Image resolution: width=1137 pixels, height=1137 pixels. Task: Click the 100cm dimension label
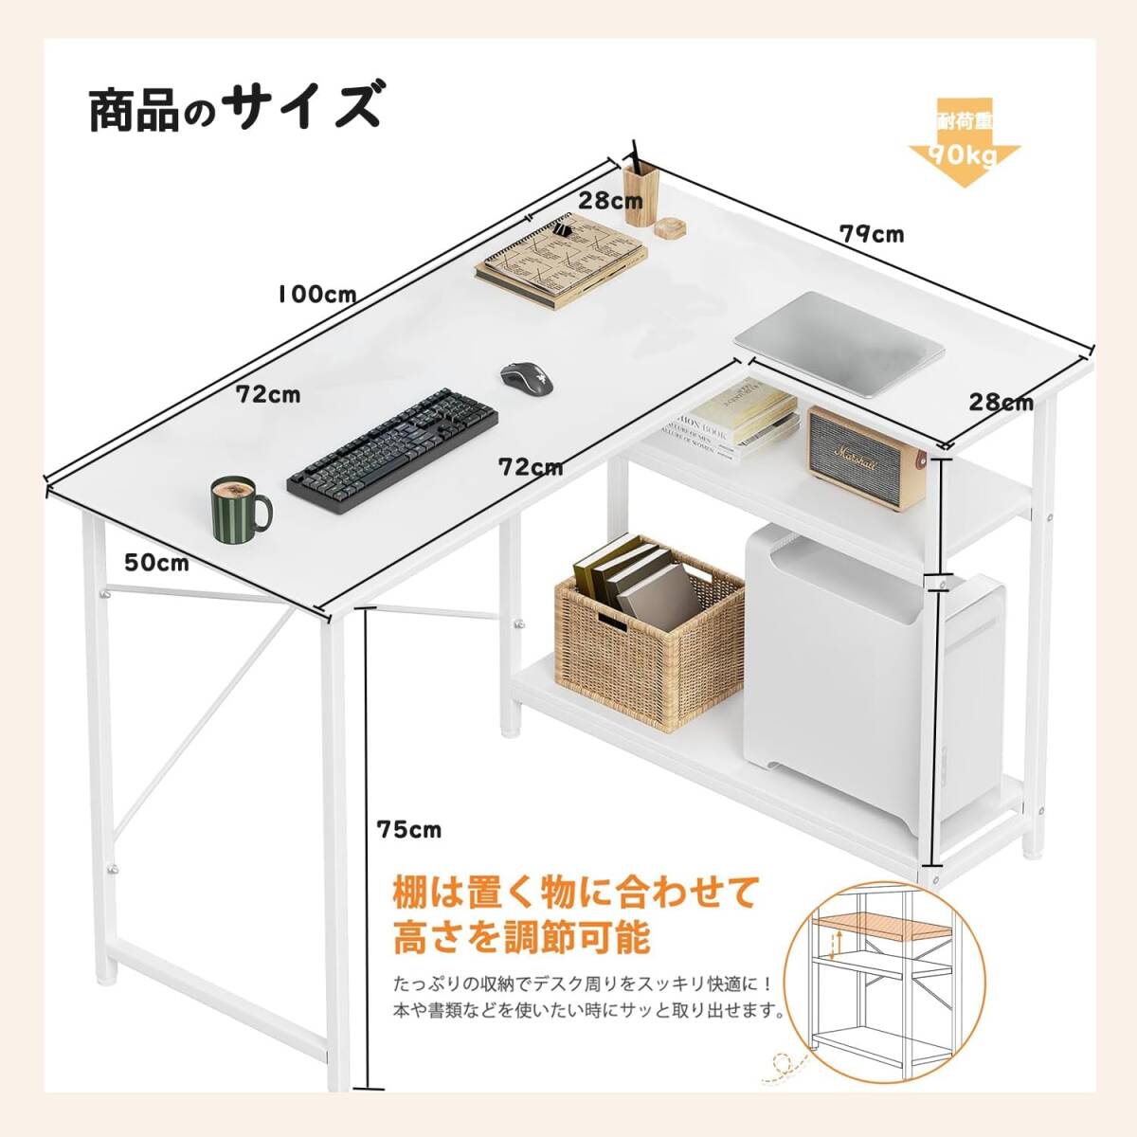[317, 294]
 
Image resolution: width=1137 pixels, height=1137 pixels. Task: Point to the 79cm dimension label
[872, 233]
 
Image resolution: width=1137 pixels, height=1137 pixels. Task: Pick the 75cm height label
[408, 830]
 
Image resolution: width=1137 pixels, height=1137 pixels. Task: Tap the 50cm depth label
[157, 563]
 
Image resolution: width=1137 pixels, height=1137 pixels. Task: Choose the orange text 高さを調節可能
[521, 939]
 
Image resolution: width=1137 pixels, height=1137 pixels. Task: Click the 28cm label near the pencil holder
[610, 201]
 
